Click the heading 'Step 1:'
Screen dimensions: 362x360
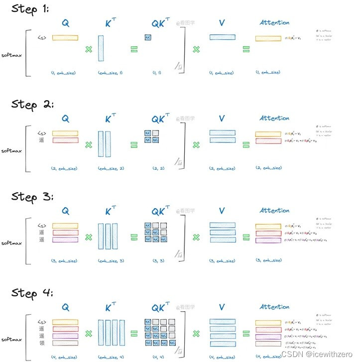tap(30, 9)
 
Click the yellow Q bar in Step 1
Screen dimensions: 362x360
tap(65, 37)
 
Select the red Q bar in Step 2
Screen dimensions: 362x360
tap(65, 140)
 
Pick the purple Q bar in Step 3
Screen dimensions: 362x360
tap(65, 240)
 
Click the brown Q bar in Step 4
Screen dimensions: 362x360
tap(65, 343)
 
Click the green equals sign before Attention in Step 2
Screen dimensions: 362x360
tap(246, 145)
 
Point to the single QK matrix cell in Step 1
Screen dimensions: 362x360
tap(148, 37)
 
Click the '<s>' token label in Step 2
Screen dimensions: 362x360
tap(42, 133)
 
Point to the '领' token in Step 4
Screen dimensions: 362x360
tap(42, 343)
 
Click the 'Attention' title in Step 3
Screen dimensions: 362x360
tap(274, 211)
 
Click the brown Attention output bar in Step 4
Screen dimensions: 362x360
tap(268, 343)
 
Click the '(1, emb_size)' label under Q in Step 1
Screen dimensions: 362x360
tap(65, 73)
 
